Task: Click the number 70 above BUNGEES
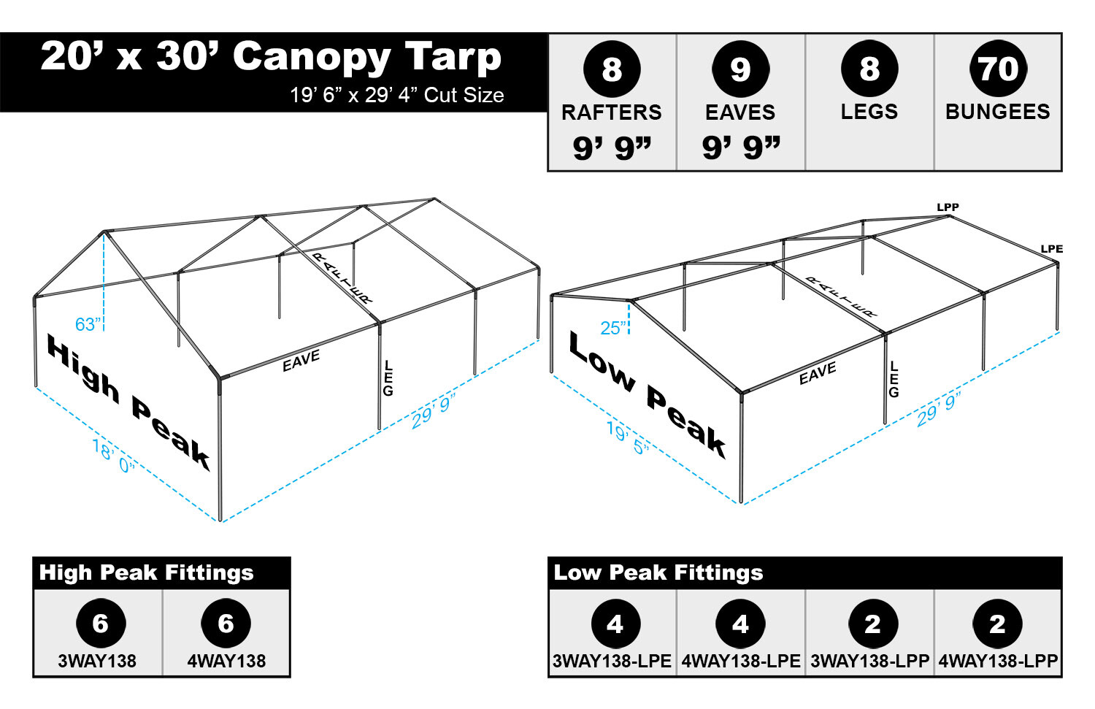point(998,69)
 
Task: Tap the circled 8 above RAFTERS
point(612,69)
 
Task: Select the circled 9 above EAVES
point(740,69)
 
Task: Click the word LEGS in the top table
point(869,112)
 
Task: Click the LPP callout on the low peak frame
point(948,207)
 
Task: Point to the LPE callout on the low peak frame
point(1051,249)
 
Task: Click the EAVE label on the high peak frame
point(301,361)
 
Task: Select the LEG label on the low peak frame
point(894,379)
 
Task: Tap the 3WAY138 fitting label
point(97,661)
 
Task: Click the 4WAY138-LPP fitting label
point(998,661)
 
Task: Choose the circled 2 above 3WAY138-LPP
point(872,624)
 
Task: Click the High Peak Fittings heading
point(146,572)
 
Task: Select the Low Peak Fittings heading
point(658,572)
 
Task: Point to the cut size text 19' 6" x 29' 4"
point(396,95)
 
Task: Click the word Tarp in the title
point(453,57)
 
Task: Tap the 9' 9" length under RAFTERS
point(612,147)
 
